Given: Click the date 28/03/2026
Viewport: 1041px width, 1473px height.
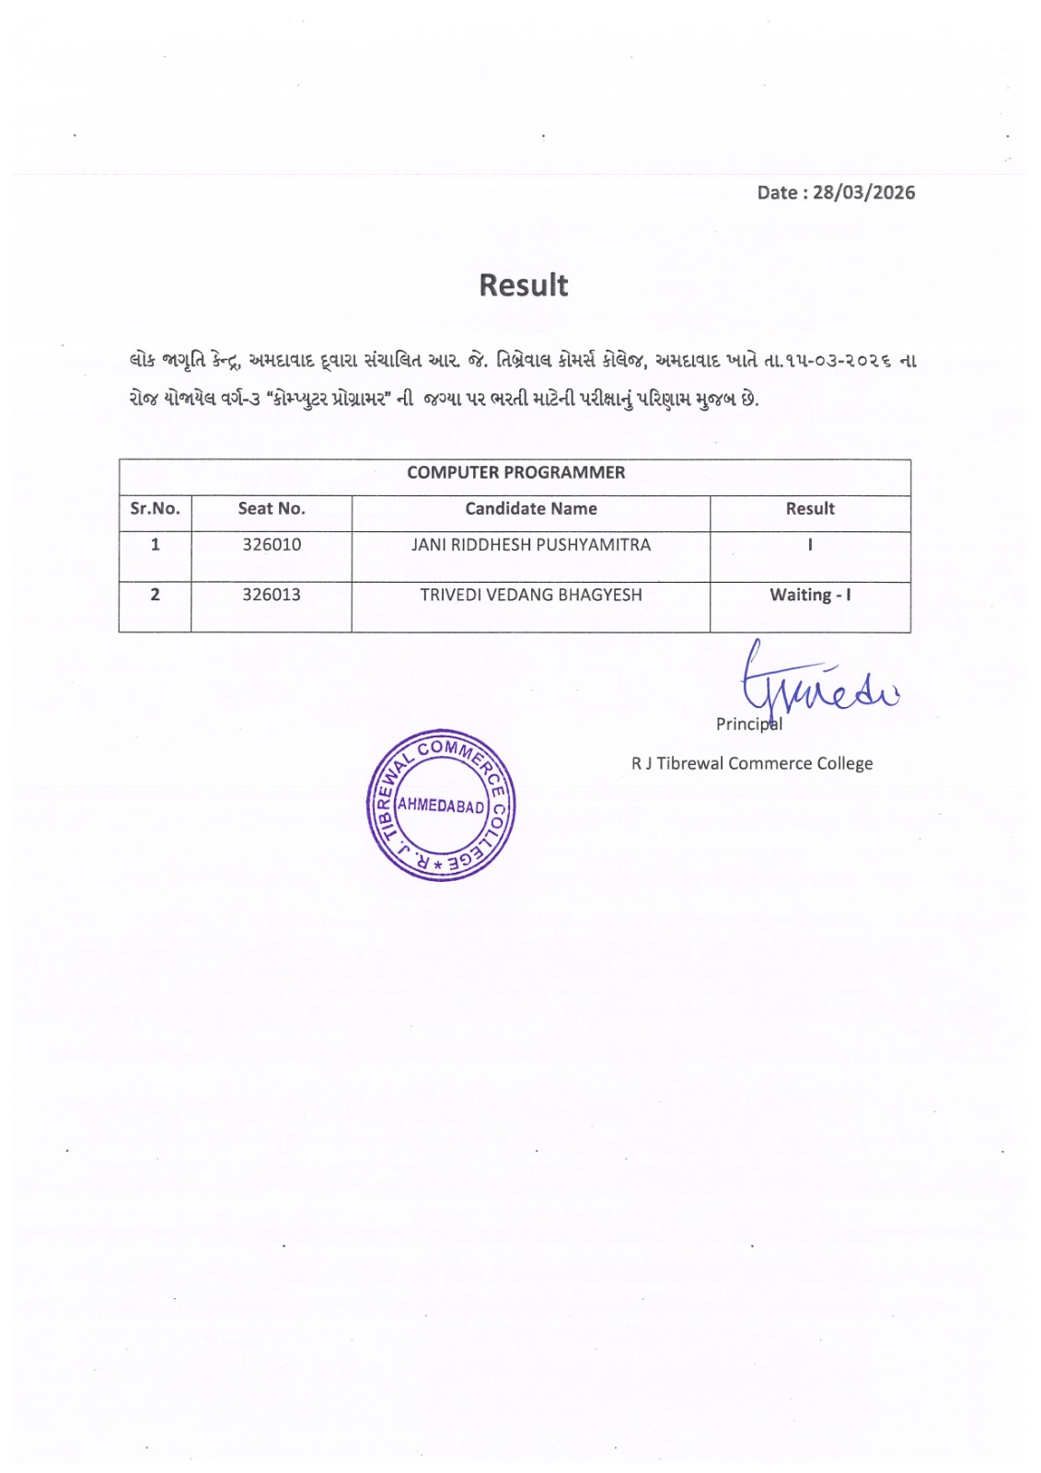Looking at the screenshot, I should point(863,192).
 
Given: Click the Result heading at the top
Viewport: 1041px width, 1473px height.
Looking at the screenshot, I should point(523,285).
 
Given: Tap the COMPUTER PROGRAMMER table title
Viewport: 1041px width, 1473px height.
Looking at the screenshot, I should point(515,472).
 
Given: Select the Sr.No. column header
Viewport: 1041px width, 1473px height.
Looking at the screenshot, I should point(155,508).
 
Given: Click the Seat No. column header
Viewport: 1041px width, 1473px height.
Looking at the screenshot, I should point(272,508).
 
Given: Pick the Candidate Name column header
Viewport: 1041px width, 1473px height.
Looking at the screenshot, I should point(531,508).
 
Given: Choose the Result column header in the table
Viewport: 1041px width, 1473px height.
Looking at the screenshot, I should point(810,508).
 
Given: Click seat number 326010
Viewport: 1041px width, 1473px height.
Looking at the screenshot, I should point(272,545).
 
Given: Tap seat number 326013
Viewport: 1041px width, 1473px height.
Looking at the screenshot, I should point(272,595).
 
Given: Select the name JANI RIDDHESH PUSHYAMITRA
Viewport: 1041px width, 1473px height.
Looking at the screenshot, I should point(531,545).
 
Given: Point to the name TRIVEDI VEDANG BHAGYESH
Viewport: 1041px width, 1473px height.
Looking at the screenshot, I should point(531,595).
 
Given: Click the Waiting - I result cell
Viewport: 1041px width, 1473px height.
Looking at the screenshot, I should point(810,595).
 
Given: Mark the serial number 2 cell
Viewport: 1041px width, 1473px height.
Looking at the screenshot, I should point(155,595).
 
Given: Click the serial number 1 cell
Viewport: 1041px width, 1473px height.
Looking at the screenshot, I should point(155,545).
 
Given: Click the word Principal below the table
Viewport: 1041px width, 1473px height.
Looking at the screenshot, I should point(748,725).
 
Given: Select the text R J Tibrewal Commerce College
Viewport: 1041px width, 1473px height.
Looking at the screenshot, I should point(752,763).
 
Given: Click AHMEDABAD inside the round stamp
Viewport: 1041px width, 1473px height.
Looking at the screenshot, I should point(441,806).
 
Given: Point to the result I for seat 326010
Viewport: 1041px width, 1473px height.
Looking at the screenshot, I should point(810,545).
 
